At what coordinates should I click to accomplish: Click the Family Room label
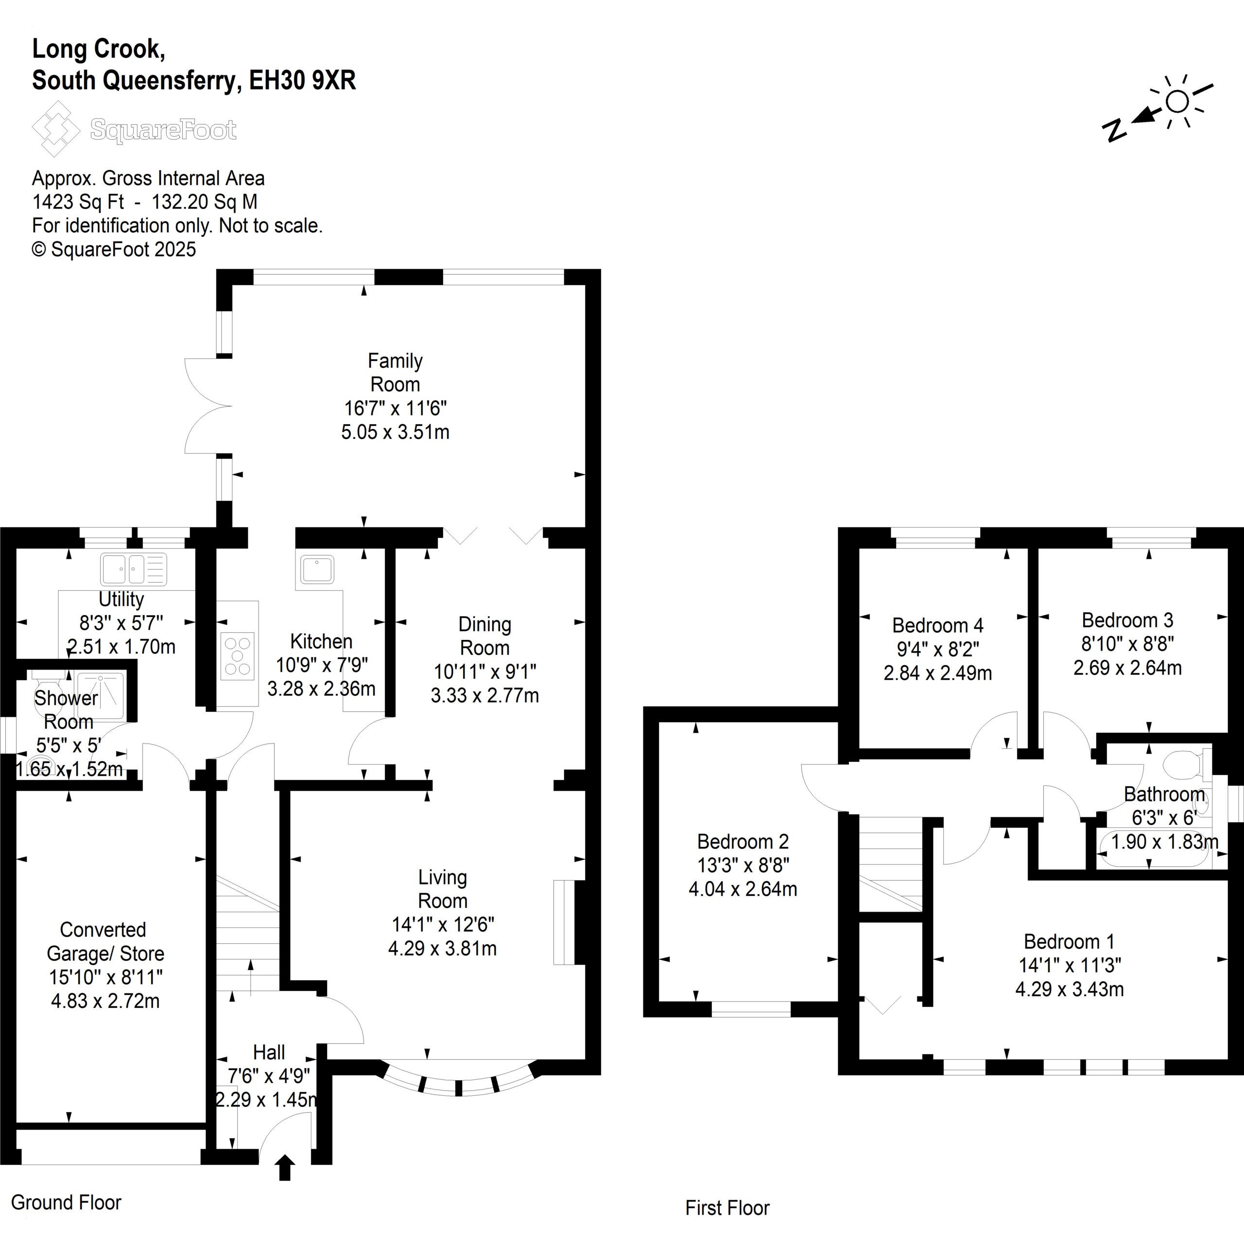click(x=395, y=372)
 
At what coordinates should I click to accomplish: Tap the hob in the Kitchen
click(x=238, y=656)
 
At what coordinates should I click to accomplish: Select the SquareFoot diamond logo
click(x=55, y=129)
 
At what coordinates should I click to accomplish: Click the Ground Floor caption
click(x=66, y=1202)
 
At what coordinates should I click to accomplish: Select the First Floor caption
click(x=727, y=1208)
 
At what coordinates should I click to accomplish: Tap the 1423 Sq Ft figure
click(x=78, y=202)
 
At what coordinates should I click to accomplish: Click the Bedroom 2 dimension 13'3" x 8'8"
click(x=743, y=865)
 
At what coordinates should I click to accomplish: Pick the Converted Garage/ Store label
click(x=104, y=941)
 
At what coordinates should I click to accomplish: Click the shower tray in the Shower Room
click(x=100, y=690)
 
